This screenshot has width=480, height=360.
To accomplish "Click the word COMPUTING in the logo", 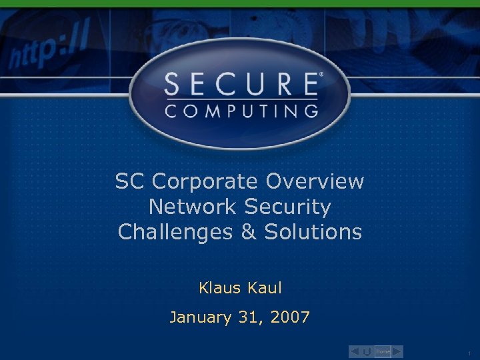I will (x=241, y=111).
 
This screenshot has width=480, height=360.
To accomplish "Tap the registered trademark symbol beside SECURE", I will (x=321, y=75).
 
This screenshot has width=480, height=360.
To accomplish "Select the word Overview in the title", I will (x=315, y=181).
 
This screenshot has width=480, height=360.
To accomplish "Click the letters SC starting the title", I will (x=130, y=181).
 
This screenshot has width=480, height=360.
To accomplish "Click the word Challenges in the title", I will (x=171, y=232).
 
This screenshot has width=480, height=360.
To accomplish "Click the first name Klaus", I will (x=221, y=288).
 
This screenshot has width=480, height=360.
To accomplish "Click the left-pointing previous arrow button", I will (x=355, y=351).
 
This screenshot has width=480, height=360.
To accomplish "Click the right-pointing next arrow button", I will (x=397, y=351).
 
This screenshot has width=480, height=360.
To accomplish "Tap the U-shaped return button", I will (x=367, y=351).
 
